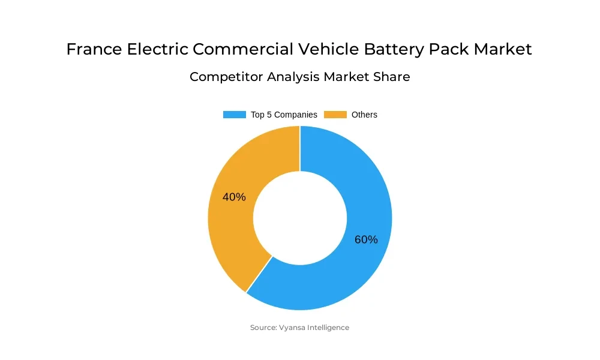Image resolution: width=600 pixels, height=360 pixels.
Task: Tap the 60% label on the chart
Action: (x=366, y=239)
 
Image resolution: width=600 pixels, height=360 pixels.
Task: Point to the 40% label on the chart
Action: (x=234, y=197)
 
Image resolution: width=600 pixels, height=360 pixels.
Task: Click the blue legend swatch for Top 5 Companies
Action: (x=234, y=115)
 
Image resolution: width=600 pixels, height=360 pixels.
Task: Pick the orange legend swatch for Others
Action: (x=335, y=115)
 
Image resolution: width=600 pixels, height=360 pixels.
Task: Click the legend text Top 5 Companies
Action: (x=284, y=115)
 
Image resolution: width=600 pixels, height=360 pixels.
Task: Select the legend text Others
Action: (x=364, y=115)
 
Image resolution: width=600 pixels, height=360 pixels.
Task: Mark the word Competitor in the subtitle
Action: (x=225, y=77)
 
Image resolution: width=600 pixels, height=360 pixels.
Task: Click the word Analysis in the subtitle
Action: (x=293, y=77)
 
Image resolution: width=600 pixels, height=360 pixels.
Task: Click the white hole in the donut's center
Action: (x=300, y=218)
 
